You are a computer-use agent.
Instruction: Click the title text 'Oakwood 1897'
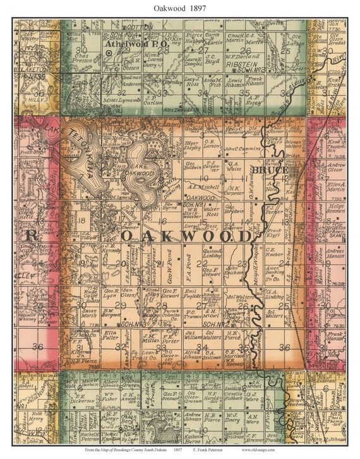point(179,7)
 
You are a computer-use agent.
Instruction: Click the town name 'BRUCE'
point(270,170)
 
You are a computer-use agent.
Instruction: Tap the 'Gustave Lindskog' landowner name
point(212,254)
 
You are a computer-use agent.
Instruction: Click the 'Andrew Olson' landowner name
point(337,168)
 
